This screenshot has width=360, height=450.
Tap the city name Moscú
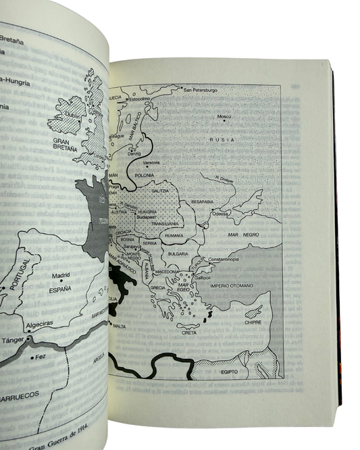(224, 118)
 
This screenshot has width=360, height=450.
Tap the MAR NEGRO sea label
(243, 234)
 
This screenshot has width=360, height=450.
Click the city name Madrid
(61, 275)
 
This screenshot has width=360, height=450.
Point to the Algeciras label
(41, 323)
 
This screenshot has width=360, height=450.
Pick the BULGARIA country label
(177, 253)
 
